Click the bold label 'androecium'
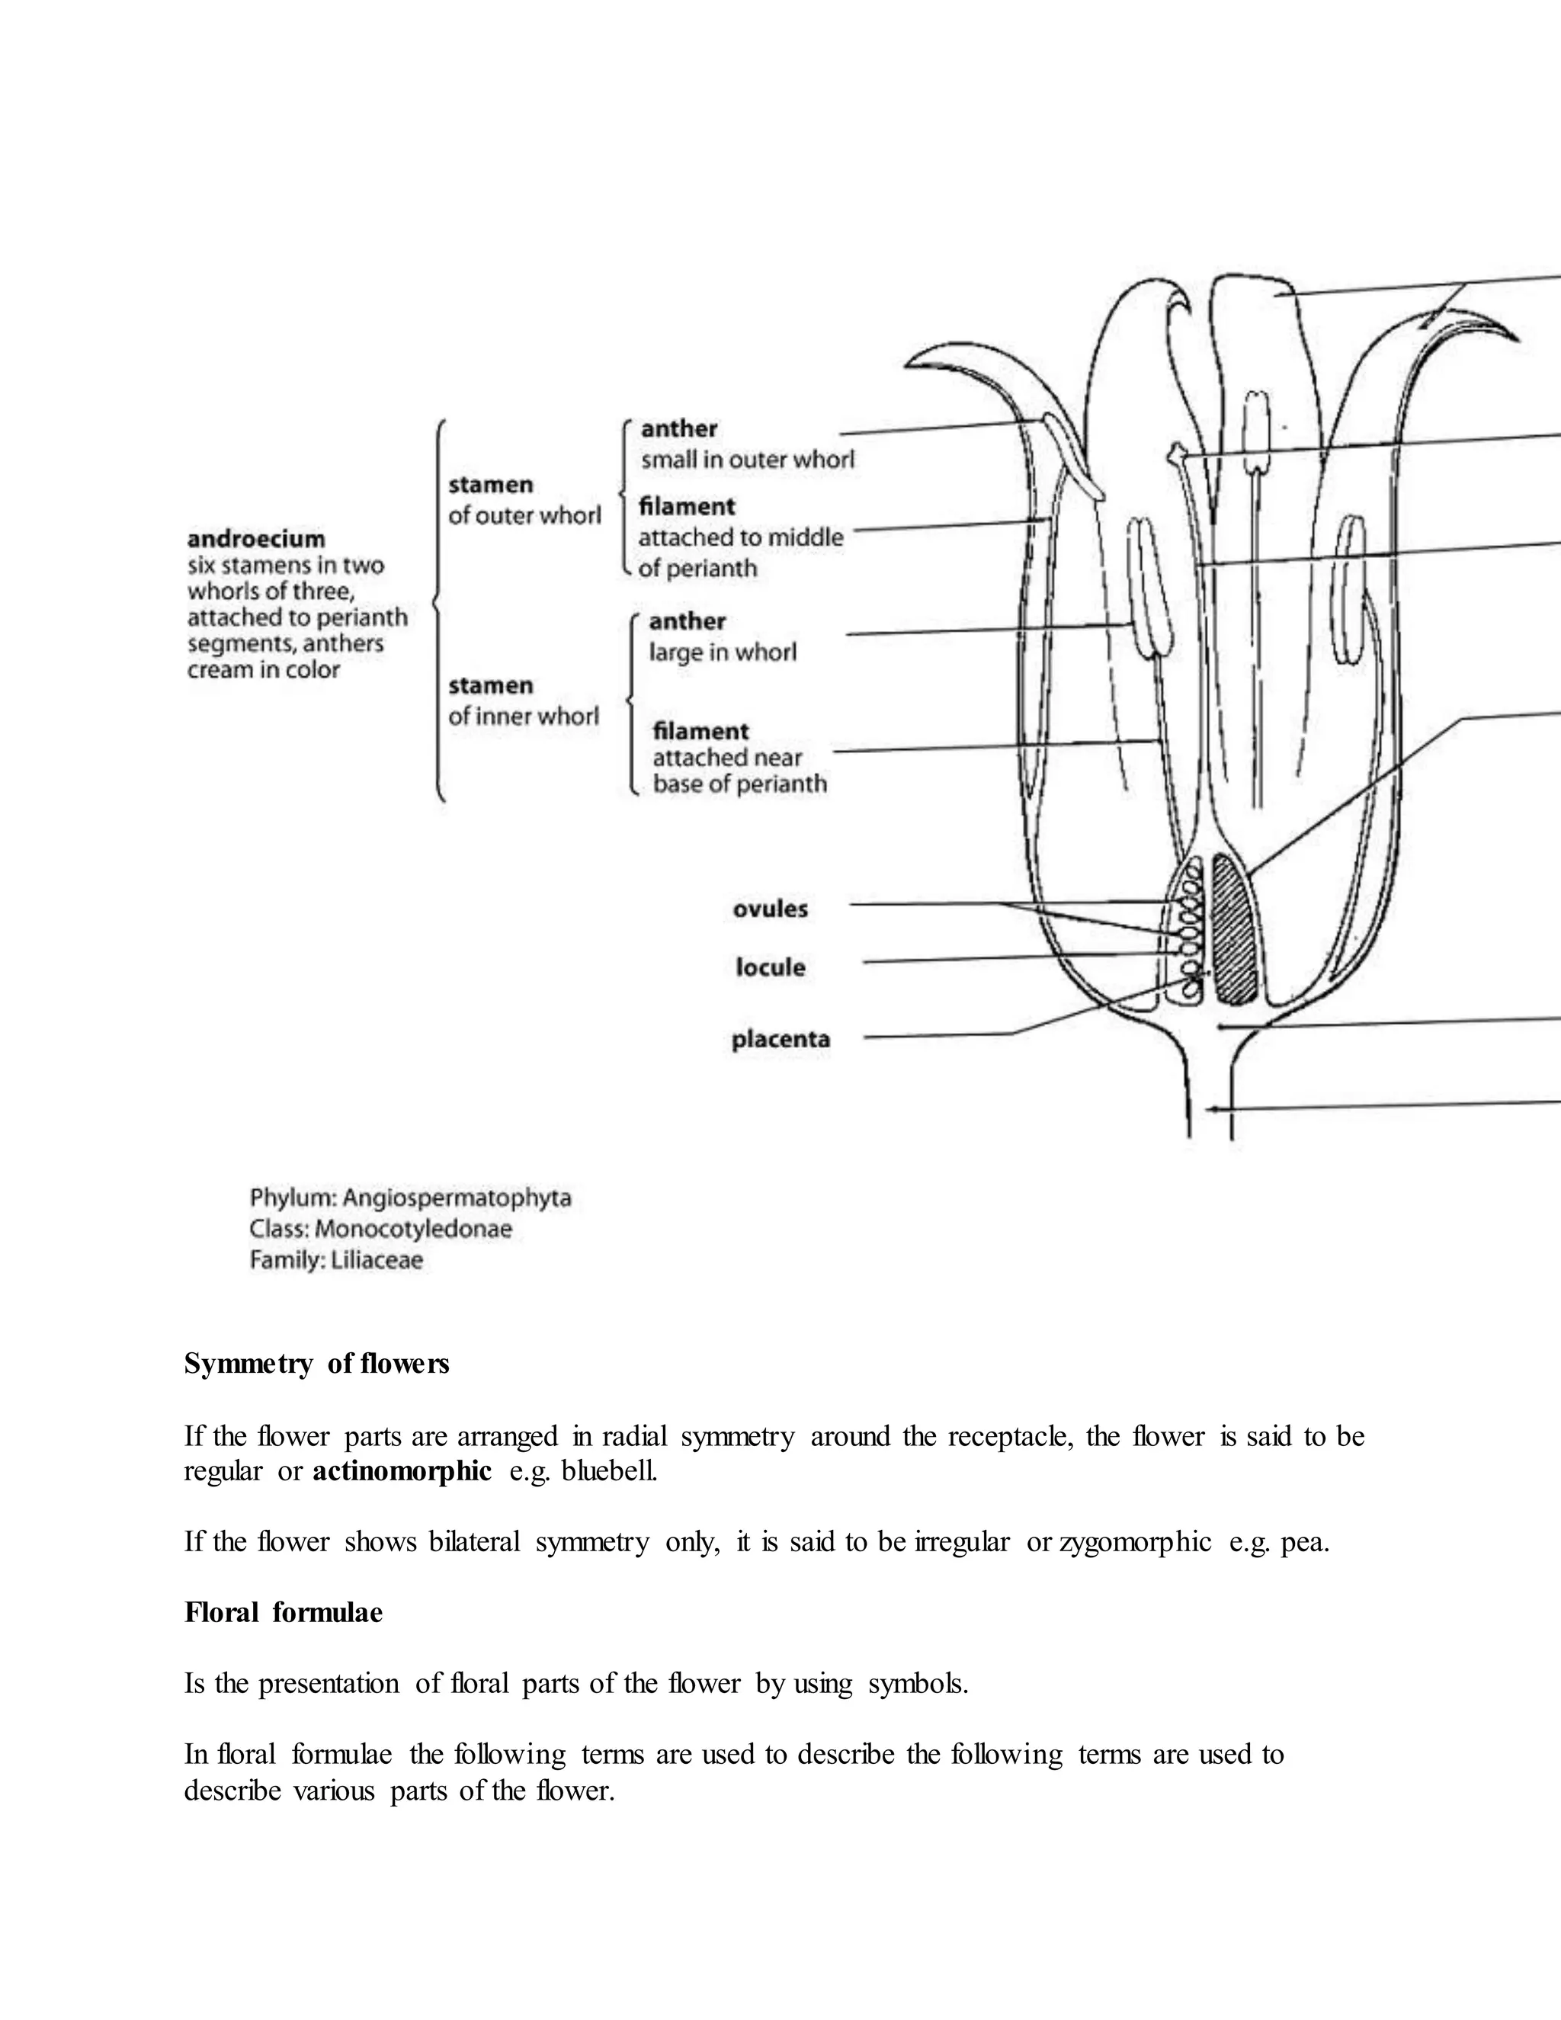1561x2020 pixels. tap(256, 538)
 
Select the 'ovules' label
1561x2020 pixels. tap(769, 909)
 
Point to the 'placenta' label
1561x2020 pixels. tap(780, 1039)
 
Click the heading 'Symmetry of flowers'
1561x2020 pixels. tap(316, 1364)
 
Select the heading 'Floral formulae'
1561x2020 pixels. tap(283, 1612)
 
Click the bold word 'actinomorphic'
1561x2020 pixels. tap(402, 1470)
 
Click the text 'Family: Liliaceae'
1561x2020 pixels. tap(335, 1260)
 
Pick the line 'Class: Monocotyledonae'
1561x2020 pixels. tap(380, 1230)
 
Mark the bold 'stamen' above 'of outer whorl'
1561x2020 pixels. tap(490, 485)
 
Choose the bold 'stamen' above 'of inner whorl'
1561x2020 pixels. tap(490, 685)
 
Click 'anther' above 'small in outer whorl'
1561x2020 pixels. tap(679, 428)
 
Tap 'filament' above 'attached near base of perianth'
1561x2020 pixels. tap(700, 731)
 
